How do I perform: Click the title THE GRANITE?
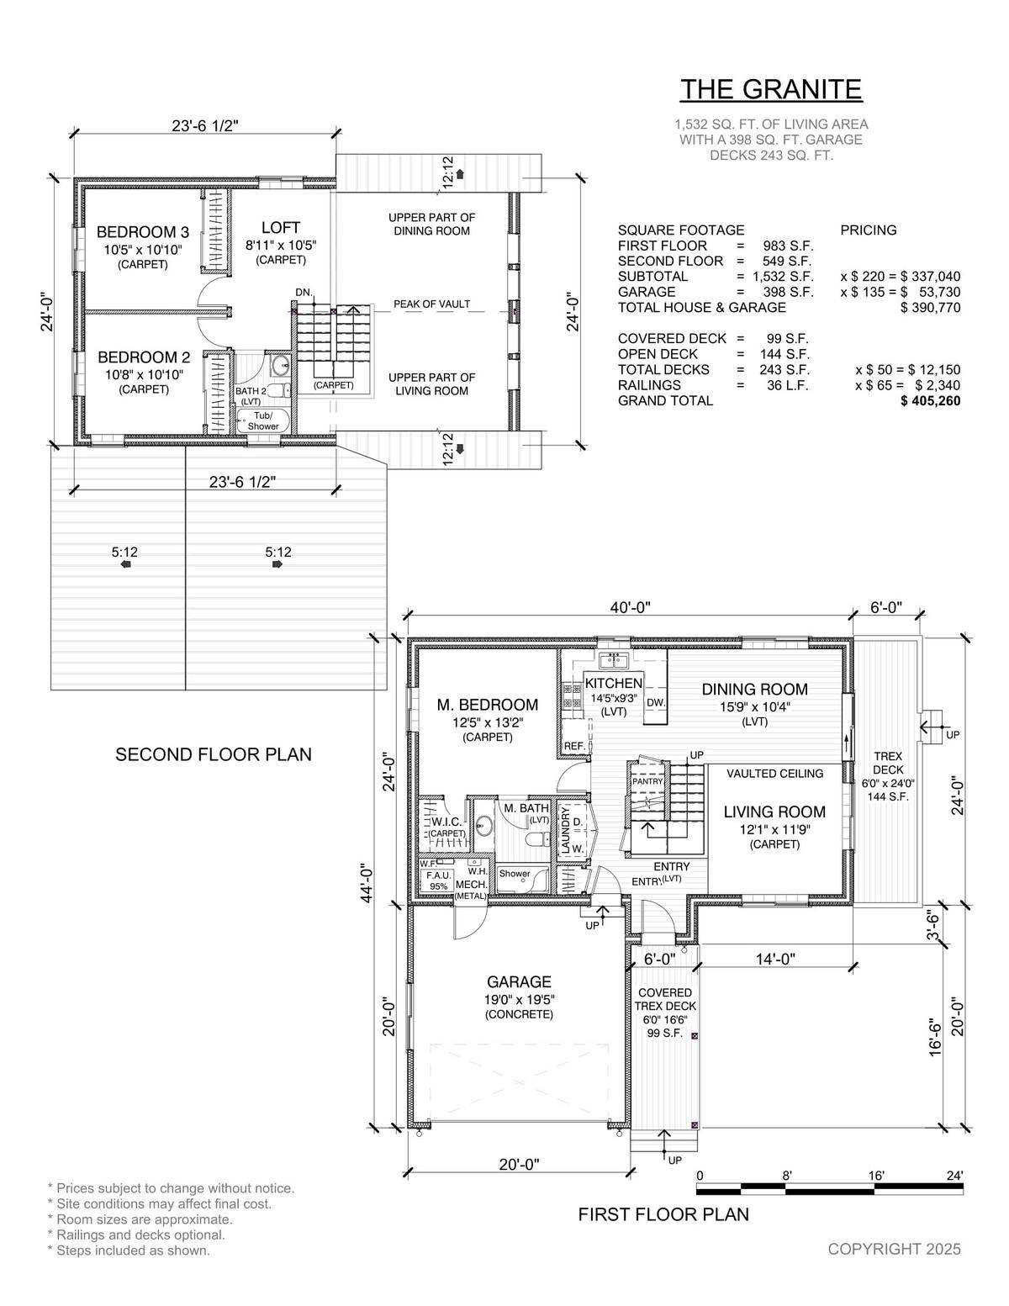(771, 89)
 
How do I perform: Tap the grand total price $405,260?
(930, 401)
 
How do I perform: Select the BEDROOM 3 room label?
(143, 232)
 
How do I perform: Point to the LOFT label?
(281, 228)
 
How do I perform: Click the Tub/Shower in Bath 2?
(263, 420)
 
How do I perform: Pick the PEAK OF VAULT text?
(431, 304)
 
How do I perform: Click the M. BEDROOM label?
(488, 705)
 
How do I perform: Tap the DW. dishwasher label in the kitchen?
(656, 702)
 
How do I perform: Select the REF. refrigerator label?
(574, 746)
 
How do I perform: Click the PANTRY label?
(647, 781)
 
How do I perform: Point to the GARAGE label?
(519, 982)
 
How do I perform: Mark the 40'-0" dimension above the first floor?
(631, 608)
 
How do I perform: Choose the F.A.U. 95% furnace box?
(439, 881)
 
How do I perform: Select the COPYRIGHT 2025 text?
(894, 1249)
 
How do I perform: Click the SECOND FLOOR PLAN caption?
(214, 754)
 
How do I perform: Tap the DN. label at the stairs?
(304, 293)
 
